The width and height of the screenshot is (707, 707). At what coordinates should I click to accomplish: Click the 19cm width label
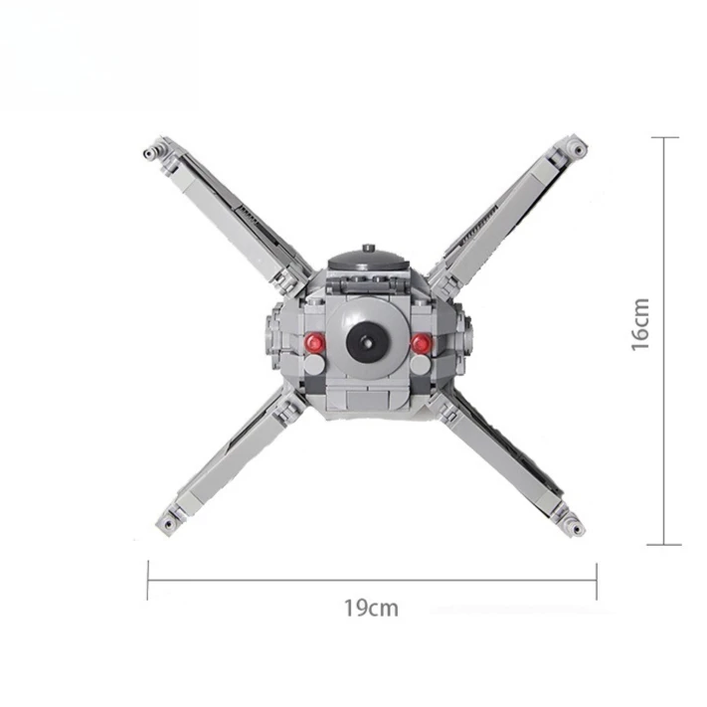click(x=371, y=608)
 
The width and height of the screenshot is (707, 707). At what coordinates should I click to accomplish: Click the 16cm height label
click(x=639, y=324)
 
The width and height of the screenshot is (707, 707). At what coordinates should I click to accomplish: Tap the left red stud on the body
click(x=314, y=342)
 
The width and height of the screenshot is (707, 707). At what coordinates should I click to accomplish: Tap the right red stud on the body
click(x=422, y=343)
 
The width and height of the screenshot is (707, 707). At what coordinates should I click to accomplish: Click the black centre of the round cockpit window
click(x=368, y=342)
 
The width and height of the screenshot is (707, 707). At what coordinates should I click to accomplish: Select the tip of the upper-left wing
click(x=150, y=153)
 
